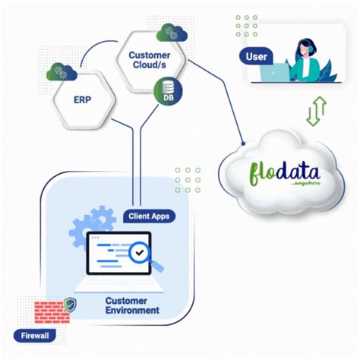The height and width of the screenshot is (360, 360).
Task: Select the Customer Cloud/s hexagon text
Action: pos(149,61)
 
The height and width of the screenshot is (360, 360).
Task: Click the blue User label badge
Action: pos(257,56)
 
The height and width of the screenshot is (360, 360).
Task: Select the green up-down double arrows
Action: pos(315,111)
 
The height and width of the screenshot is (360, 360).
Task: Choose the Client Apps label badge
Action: pos(150,216)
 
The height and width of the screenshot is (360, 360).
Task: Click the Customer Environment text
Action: pos(132,305)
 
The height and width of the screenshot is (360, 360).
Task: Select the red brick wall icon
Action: pos(52,311)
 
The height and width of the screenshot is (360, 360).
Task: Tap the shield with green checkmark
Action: pos(71,305)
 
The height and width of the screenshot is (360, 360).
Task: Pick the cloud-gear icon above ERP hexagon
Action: pos(62,72)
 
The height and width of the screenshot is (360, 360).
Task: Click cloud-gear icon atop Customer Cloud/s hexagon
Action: pos(172,33)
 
